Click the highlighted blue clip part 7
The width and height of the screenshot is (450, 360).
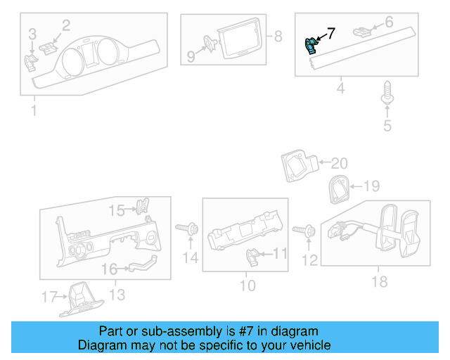309,46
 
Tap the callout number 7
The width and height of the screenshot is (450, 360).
330,32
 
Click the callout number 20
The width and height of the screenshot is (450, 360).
340,164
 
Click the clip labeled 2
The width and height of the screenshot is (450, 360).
48,47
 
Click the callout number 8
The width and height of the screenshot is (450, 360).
277,35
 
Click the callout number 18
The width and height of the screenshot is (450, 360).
380,282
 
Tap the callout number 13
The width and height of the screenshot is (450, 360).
115,293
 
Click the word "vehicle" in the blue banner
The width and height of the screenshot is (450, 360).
311,345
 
